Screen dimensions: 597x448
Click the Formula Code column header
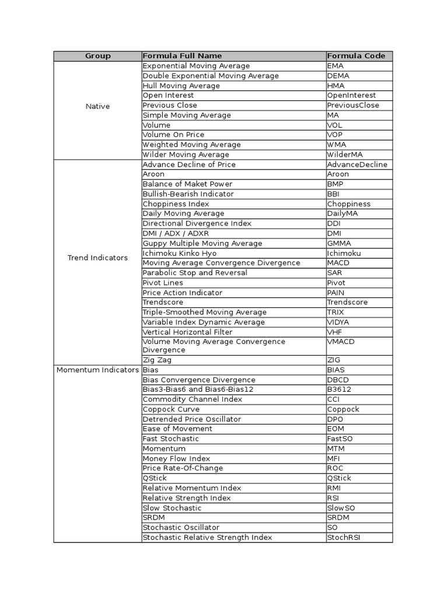[x=356, y=56]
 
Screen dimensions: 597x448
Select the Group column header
[x=97, y=56]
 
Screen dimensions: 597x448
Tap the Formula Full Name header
[x=182, y=56]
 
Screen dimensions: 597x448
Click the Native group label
[x=97, y=106]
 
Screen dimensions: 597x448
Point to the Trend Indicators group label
[x=97, y=258]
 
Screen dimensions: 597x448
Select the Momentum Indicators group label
[x=97, y=370]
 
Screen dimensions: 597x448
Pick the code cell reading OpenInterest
[x=351, y=96]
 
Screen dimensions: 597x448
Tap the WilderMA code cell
[x=344, y=154]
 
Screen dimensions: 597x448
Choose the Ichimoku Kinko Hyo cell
[x=179, y=253]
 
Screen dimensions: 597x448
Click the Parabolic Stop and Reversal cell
[x=195, y=273]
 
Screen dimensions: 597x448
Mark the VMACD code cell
[x=341, y=342]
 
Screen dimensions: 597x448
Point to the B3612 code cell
[x=339, y=389]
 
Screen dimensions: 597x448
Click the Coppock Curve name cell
[x=171, y=409]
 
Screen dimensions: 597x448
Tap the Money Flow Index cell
[x=176, y=459]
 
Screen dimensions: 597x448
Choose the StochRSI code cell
[x=344, y=538]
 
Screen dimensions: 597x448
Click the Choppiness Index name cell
[x=176, y=204]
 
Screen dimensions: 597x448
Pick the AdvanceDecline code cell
[x=357, y=164]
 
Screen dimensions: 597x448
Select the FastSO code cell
[x=340, y=439]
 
